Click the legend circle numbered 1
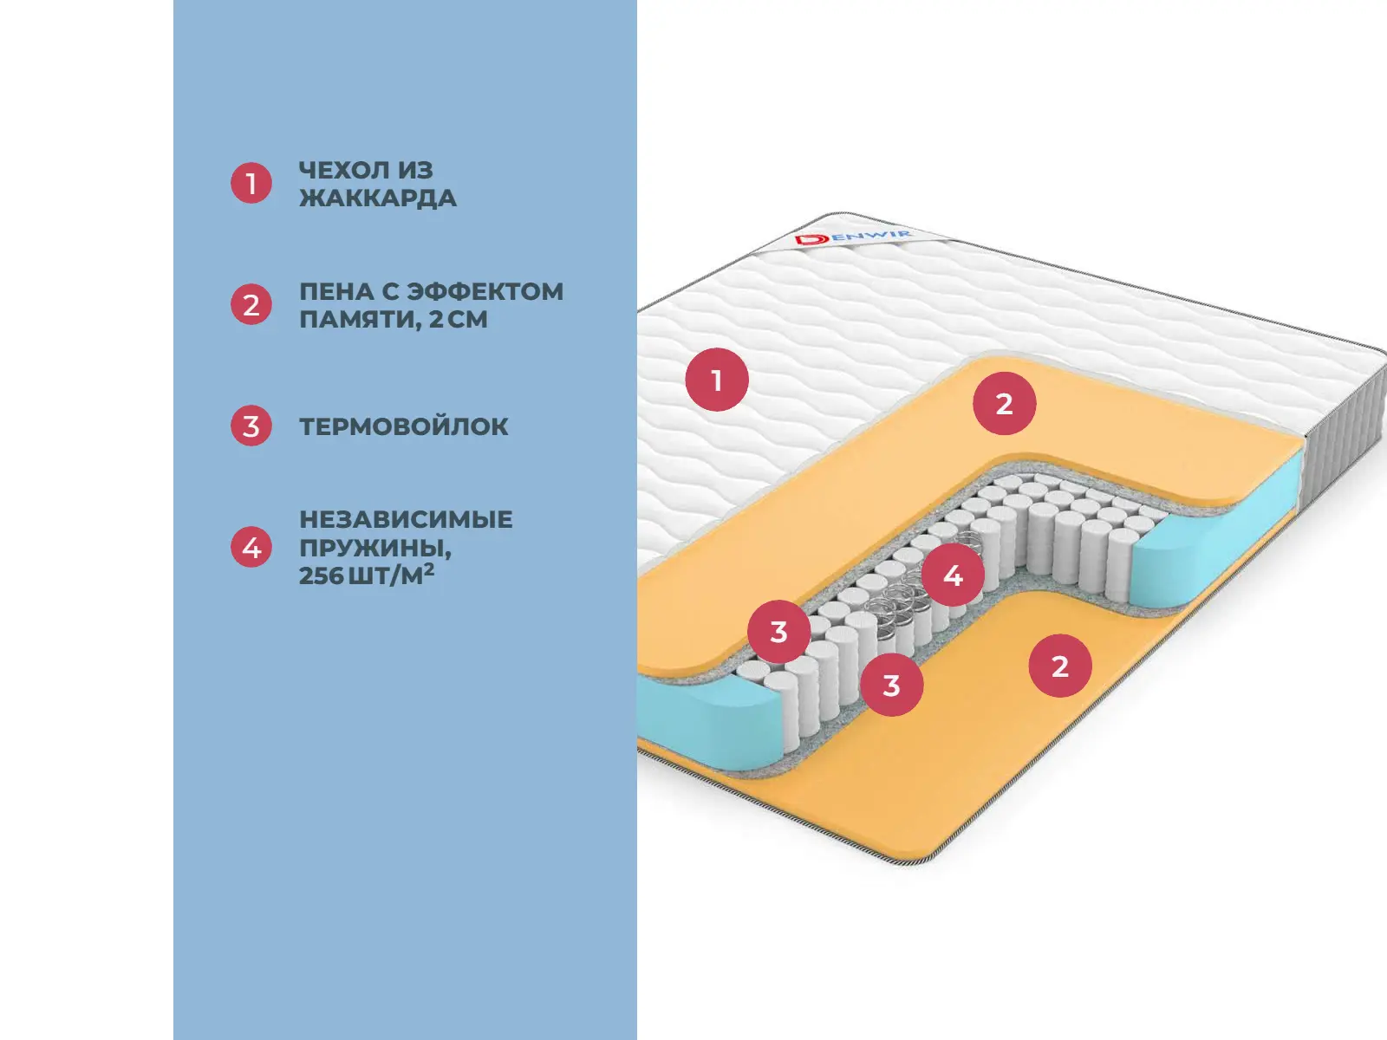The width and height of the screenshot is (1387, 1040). point(251,183)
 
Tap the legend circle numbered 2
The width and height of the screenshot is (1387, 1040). point(251,304)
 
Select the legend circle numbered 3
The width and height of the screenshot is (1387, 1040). point(251,426)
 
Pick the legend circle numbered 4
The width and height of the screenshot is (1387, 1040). point(251,547)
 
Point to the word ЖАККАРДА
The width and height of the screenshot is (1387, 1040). point(378,198)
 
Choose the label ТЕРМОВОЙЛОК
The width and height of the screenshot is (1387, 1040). point(404,426)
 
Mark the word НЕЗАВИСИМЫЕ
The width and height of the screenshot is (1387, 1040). point(406,519)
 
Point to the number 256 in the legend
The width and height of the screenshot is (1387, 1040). point(321,575)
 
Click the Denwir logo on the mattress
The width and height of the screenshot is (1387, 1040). point(853,237)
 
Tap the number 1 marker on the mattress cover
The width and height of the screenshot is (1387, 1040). point(717,380)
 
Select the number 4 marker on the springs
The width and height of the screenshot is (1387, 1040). point(953,575)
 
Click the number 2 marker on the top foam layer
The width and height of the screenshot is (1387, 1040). point(1004,403)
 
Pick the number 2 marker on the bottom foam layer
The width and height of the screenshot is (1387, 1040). point(1059,666)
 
